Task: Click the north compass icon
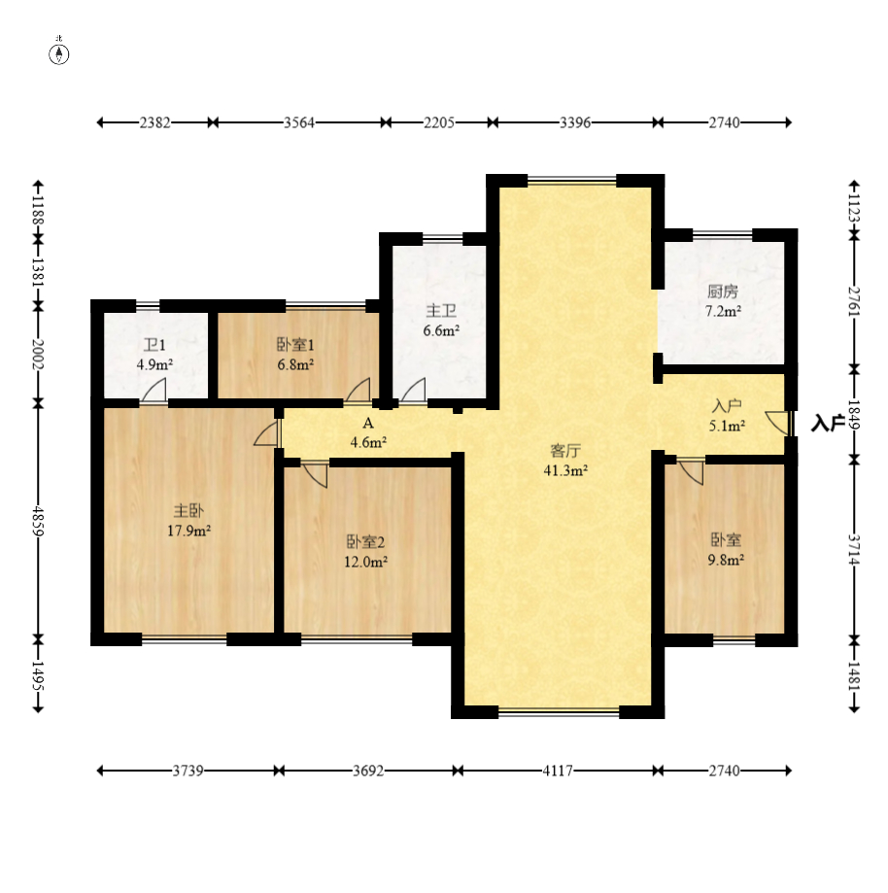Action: click(58, 54)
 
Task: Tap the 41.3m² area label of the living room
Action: click(565, 471)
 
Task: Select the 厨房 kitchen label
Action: click(723, 292)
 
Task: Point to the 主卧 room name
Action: click(188, 510)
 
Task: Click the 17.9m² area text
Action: click(189, 531)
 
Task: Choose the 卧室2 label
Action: click(365, 541)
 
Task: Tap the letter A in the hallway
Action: click(368, 423)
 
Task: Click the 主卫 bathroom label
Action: click(441, 310)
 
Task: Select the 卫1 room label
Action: click(154, 345)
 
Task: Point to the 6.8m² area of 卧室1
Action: click(295, 365)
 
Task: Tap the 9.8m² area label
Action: click(726, 560)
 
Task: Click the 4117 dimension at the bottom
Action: click(558, 771)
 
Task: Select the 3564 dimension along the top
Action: click(299, 122)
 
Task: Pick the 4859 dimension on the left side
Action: click(38, 521)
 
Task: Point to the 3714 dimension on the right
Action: click(854, 550)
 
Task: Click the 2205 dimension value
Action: click(439, 122)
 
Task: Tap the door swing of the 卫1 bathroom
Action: click(154, 391)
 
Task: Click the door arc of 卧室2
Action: click(316, 475)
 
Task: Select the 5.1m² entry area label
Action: click(727, 426)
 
